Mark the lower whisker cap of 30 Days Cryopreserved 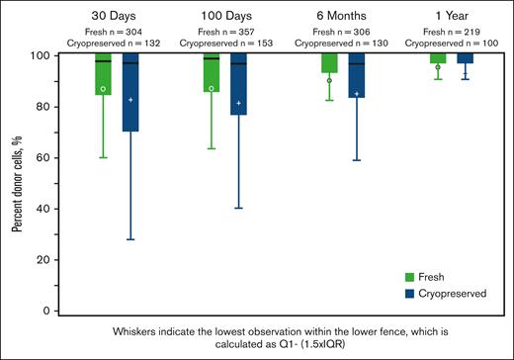130,239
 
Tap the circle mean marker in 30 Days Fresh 103,89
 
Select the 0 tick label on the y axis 44,312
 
